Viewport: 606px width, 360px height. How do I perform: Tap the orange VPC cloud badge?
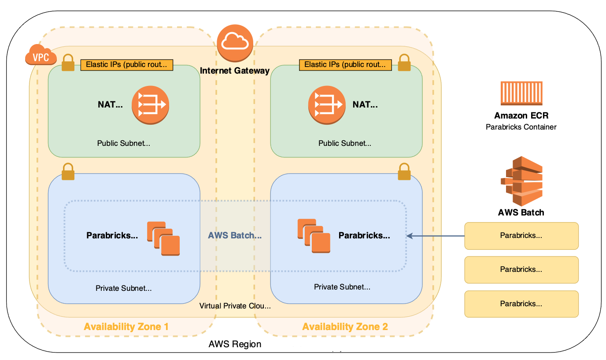(41, 56)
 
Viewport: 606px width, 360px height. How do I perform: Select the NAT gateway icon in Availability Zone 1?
(151, 105)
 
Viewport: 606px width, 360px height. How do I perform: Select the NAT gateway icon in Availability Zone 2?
(325, 105)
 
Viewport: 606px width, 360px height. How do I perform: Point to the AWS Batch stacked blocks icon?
(521, 181)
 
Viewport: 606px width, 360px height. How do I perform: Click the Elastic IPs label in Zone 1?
(126, 65)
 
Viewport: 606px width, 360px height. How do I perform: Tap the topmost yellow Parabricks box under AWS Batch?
(521, 236)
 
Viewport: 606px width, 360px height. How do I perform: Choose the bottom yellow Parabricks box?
(521, 304)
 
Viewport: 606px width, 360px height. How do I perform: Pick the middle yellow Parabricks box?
(521, 270)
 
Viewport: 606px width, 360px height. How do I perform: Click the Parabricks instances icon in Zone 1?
(163, 238)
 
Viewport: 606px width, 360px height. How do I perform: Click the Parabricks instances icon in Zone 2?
(314, 236)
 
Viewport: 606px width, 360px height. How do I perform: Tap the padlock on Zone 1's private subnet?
(68, 172)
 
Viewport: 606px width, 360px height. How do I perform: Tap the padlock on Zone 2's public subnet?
(404, 63)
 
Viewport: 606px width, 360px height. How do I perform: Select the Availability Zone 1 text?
(126, 327)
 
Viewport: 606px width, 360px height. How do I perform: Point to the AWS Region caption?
(235, 344)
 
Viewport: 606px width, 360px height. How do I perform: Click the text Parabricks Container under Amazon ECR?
(521, 127)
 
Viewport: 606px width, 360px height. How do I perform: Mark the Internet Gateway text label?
(235, 71)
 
